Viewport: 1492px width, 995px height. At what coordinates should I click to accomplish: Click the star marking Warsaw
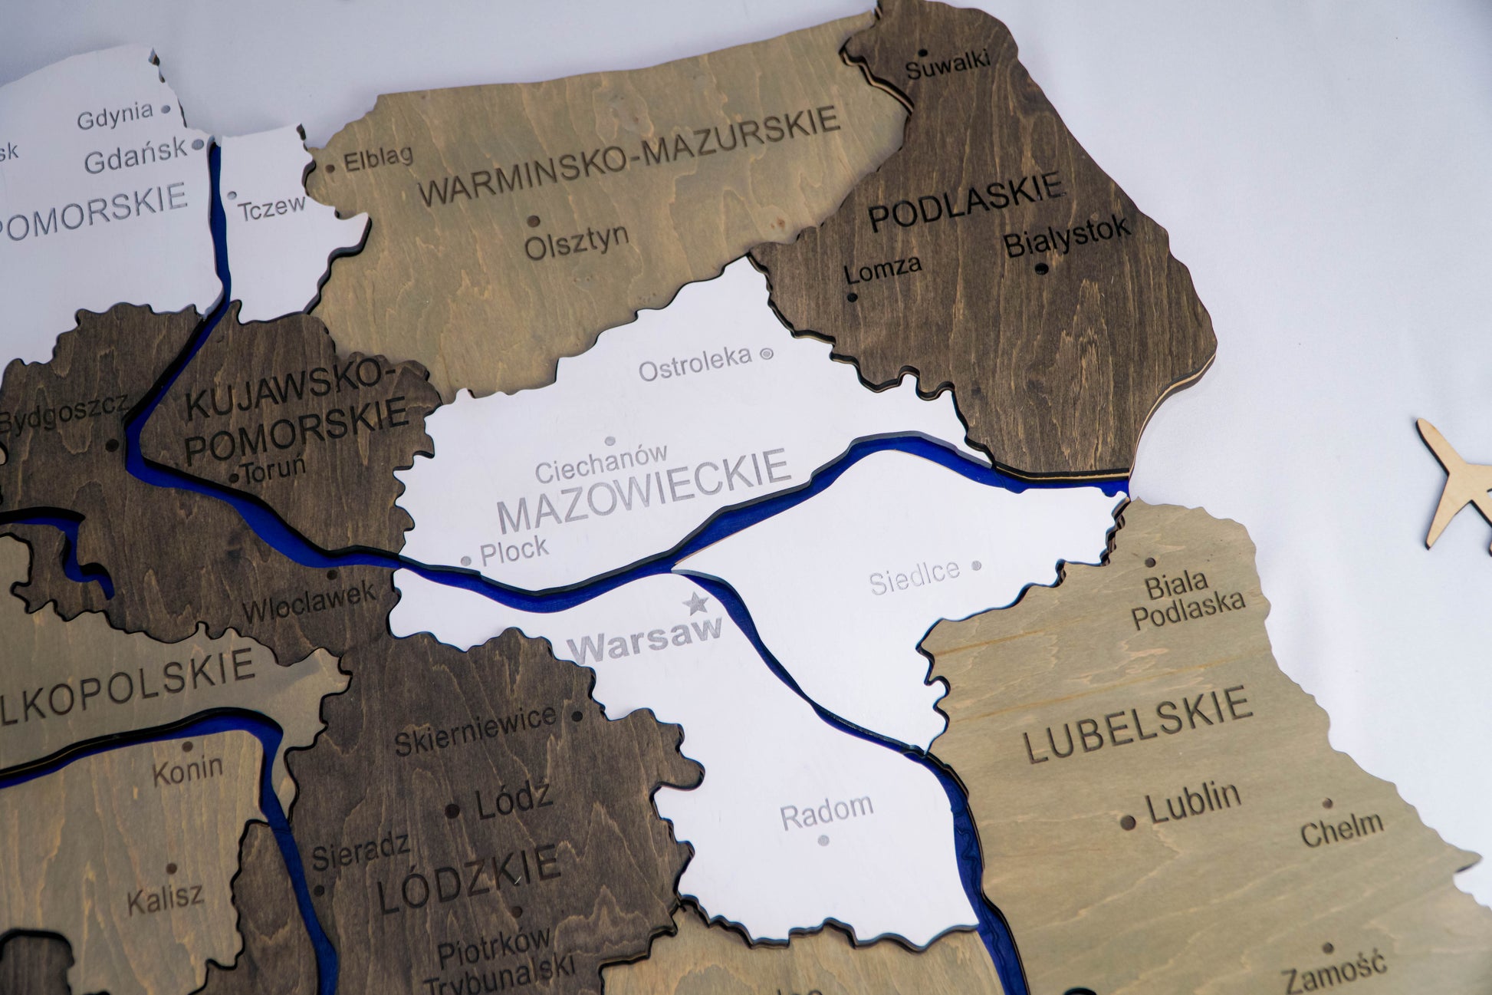point(696,604)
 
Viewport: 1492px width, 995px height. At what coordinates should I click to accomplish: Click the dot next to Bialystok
point(1040,269)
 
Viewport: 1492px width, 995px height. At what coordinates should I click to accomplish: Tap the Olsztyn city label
point(577,242)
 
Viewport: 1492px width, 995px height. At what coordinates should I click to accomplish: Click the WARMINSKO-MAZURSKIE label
point(629,156)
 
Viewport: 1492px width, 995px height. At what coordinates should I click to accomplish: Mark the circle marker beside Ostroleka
point(765,354)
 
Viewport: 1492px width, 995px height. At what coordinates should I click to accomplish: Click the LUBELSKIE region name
point(1139,725)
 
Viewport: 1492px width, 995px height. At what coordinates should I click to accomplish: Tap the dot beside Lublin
point(1127,822)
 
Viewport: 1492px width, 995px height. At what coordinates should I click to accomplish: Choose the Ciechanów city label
point(601,463)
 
